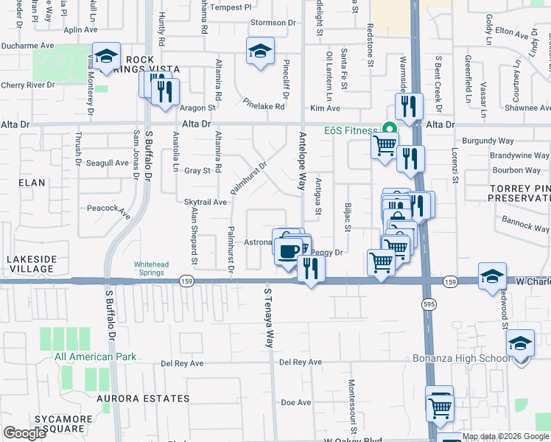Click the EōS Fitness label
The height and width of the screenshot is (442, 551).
(351, 130)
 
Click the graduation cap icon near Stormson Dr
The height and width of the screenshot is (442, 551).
(259, 51)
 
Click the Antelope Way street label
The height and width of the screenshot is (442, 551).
(301, 161)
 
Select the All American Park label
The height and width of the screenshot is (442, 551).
(95, 357)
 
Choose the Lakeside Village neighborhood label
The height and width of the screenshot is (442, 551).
(30, 264)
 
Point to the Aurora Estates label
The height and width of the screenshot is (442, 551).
(142, 399)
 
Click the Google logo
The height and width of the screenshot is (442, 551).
(25, 433)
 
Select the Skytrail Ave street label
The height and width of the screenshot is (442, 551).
(205, 201)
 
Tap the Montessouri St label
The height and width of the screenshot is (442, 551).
(352, 406)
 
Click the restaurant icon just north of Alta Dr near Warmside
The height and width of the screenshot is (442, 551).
(408, 106)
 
